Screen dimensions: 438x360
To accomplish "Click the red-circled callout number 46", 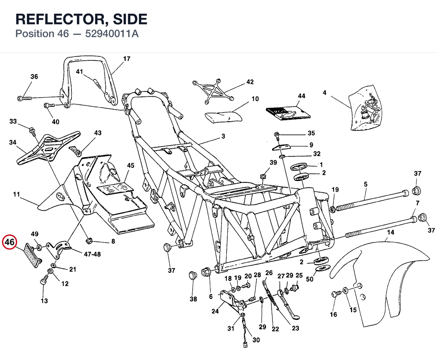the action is [9, 242].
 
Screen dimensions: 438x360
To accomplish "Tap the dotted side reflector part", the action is [33, 255].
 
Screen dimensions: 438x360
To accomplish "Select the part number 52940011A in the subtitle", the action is [112, 34].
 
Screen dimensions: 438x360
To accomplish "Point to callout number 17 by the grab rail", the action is [127, 59].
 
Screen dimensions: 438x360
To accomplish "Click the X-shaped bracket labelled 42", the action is [213, 91].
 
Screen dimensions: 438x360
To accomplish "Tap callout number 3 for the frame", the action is [223, 136].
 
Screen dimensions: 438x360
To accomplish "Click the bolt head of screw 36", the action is [20, 98].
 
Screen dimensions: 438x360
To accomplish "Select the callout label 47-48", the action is [92, 254].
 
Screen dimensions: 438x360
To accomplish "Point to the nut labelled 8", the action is [89, 241].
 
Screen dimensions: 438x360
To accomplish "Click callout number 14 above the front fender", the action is [390, 232].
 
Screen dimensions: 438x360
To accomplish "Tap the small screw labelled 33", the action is [32, 131].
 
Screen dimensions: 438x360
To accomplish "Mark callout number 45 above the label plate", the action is [131, 165].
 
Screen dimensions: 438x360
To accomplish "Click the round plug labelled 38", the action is [193, 276].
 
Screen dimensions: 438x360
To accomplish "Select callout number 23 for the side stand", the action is [295, 328].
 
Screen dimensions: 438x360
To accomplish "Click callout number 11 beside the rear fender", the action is [16, 194].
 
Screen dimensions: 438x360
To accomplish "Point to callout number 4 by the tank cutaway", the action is [324, 92].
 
